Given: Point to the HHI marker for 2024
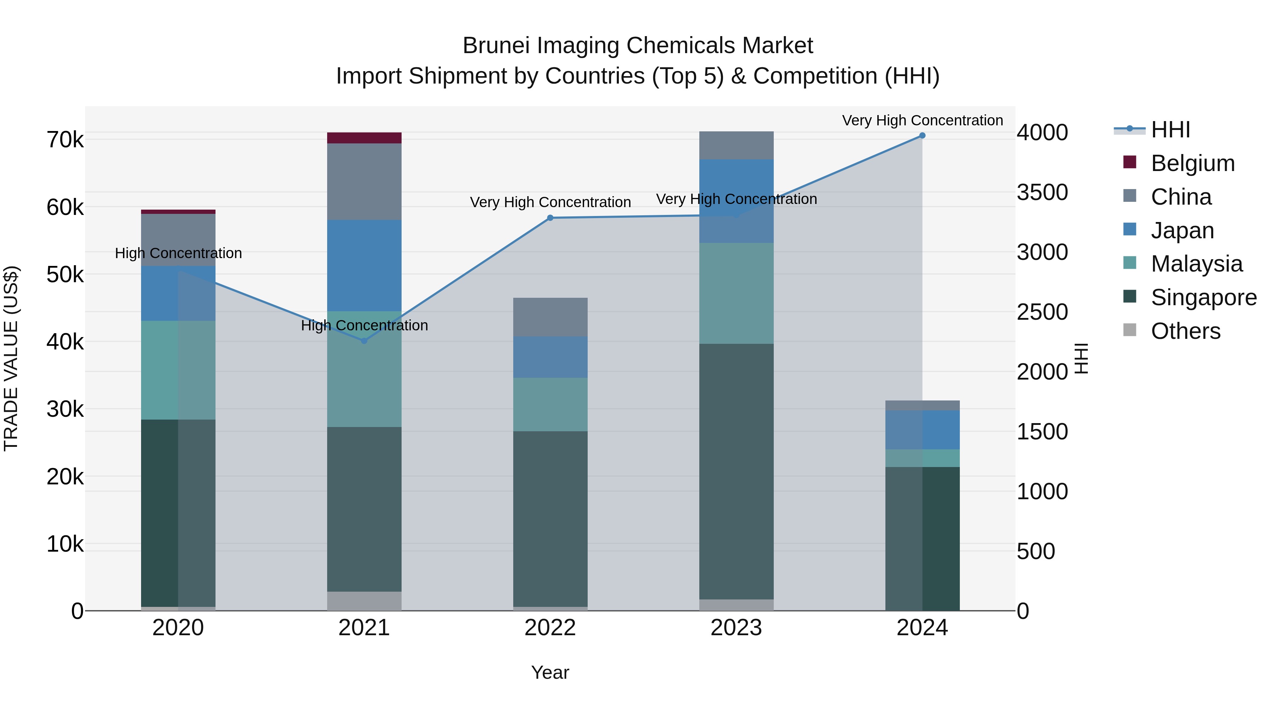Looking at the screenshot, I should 922,136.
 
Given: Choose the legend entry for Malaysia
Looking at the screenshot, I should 1196,264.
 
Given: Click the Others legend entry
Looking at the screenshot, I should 1185,331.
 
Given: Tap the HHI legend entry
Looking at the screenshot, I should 1170,130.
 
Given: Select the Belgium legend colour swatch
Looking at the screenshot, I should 1130,162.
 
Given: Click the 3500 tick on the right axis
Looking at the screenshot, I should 1042,193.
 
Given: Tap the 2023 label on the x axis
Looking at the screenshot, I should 736,628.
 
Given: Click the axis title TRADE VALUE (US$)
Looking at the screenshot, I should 11,358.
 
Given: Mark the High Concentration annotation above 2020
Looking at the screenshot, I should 178,254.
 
